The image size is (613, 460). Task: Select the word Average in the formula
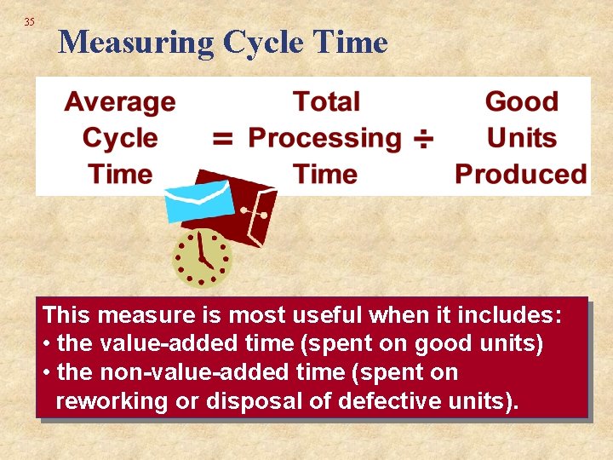point(120,102)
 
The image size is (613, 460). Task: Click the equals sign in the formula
point(223,139)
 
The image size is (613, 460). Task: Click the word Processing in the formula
point(324,138)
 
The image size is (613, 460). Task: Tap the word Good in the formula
point(521,102)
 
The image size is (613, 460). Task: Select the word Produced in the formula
point(520,175)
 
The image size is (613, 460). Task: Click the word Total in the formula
point(326,102)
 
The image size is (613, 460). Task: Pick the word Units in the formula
point(521,138)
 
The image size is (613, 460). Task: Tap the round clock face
point(202,257)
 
